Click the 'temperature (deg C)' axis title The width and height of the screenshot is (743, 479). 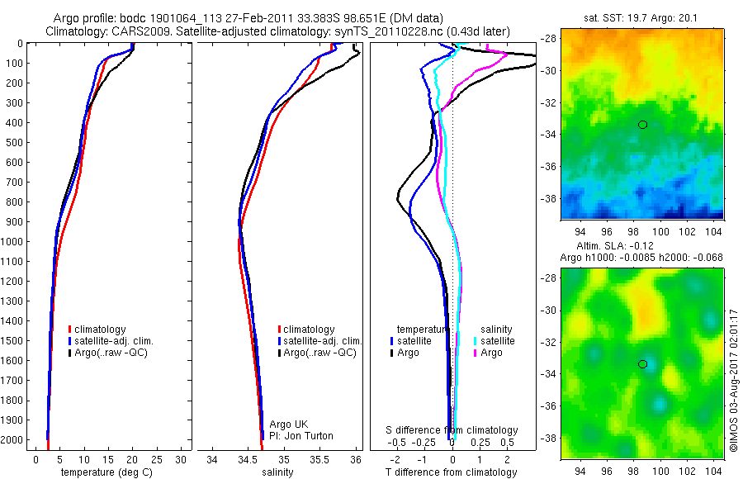pyautogui.click(x=104, y=472)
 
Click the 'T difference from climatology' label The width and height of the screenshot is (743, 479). pyautogui.click(x=452, y=472)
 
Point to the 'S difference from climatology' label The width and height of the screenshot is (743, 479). pyautogui.click(x=452, y=430)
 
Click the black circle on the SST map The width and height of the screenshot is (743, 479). pyautogui.click(x=642, y=125)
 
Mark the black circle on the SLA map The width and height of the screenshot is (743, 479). pyautogui.click(x=642, y=364)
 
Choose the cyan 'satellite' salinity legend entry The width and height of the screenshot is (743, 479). pyautogui.click(x=496, y=340)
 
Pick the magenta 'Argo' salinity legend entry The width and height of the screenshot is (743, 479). pyautogui.click(x=490, y=353)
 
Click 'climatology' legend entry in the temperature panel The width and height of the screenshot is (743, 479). pyautogui.click(x=100, y=330)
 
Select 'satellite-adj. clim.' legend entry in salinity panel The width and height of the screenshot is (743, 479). pyautogui.click(x=322, y=341)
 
